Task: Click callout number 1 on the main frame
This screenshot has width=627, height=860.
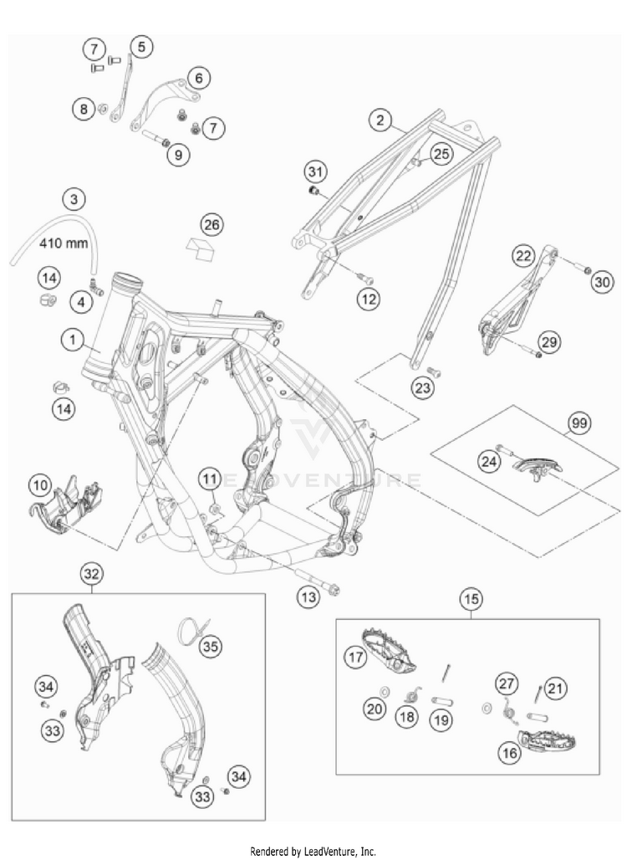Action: click(74, 340)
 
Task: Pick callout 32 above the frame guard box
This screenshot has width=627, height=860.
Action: click(91, 574)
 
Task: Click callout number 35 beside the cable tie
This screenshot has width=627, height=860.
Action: click(212, 645)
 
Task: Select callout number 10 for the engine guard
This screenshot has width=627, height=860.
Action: click(39, 484)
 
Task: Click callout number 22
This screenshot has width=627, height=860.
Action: click(523, 256)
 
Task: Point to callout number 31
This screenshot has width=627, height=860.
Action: click(314, 172)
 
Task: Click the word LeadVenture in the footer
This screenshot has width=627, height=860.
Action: click(332, 851)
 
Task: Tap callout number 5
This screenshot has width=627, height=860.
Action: click(140, 48)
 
